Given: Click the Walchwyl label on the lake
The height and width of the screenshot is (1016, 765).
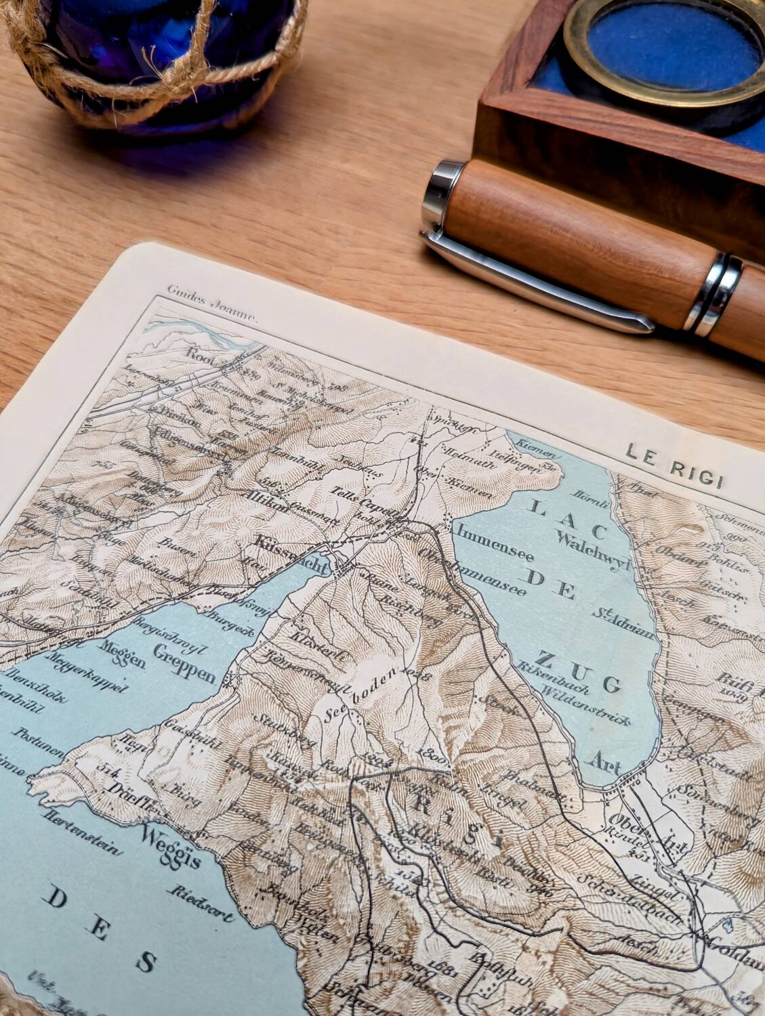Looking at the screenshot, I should pyautogui.click(x=590, y=547).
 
